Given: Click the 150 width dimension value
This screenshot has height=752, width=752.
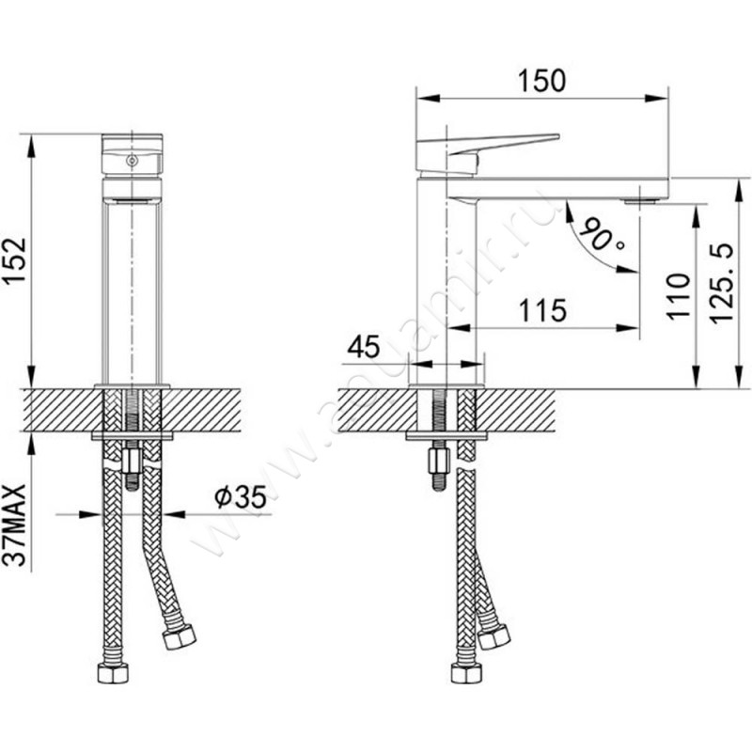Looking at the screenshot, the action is click(542, 81).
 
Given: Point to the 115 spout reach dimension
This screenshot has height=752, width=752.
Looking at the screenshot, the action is click(543, 310).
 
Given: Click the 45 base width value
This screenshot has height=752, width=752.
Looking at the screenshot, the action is click(363, 347).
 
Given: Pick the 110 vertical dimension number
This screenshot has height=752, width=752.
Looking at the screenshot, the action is click(678, 296).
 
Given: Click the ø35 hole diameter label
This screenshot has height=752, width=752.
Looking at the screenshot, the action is click(241, 497).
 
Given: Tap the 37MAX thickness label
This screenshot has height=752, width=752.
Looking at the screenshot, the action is click(14, 525).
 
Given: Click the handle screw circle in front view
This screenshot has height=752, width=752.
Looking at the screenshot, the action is click(132, 161).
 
